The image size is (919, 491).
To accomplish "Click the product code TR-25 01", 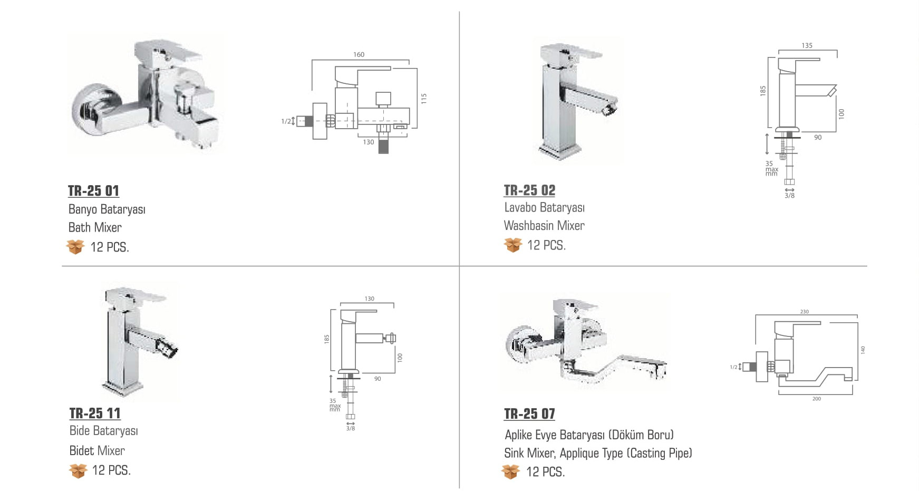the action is click(x=93, y=190).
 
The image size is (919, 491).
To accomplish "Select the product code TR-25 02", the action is click(x=529, y=190).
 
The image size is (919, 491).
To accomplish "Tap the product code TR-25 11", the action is click(x=95, y=413).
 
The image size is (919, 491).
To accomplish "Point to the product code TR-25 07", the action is click(x=529, y=413).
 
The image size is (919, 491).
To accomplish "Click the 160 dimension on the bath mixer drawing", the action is click(x=359, y=54).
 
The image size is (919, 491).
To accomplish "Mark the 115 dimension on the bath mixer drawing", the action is click(x=423, y=98).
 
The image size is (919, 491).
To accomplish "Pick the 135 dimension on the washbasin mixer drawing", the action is click(x=807, y=45).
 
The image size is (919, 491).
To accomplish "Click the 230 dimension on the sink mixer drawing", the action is click(x=804, y=312).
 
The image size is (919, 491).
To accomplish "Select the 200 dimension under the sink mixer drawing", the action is click(x=816, y=399).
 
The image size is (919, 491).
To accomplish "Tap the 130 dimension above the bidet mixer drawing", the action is click(x=369, y=299).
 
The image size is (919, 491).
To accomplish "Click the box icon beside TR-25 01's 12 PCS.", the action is click(x=75, y=246).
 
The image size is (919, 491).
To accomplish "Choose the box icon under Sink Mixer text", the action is click(x=510, y=471).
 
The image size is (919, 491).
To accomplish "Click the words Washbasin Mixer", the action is click(x=544, y=226).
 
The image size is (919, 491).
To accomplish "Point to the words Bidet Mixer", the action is click(x=97, y=450).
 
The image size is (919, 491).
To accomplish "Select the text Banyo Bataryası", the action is click(x=107, y=209).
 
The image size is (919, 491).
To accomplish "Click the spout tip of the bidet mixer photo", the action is click(x=171, y=350).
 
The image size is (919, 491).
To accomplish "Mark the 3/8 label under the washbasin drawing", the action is click(x=789, y=196).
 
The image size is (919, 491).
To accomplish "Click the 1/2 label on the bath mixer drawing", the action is click(x=285, y=121).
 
